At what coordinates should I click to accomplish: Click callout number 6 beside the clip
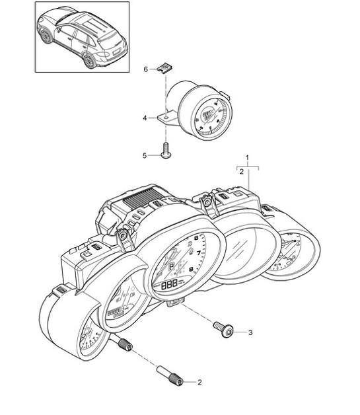[x=146, y=69]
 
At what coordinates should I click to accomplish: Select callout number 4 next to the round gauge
[x=144, y=118]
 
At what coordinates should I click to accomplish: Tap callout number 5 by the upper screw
[x=145, y=155]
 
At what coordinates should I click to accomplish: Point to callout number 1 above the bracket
[x=247, y=158]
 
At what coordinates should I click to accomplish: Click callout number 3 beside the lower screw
[x=250, y=332]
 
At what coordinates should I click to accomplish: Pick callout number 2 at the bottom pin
[x=199, y=382]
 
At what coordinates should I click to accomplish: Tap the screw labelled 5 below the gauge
[x=165, y=152]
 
